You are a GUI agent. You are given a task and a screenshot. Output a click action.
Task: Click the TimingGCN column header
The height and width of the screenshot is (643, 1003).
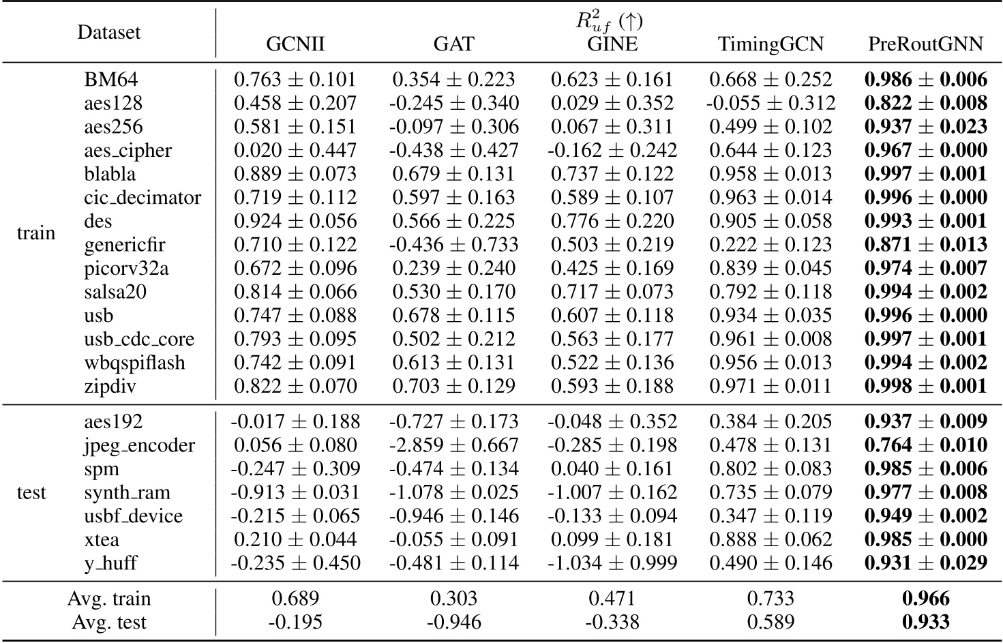[x=770, y=44]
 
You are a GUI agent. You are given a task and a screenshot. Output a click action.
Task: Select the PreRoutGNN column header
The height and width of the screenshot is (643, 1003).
[x=925, y=44]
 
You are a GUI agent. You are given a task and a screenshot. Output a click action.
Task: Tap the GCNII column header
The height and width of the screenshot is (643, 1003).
[x=295, y=44]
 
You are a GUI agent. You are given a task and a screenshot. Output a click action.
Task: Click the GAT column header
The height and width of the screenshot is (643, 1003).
[x=453, y=44]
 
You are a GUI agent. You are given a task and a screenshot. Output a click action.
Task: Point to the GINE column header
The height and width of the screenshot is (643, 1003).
[x=612, y=44]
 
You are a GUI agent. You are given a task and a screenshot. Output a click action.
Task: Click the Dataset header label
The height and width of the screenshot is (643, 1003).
[x=109, y=32]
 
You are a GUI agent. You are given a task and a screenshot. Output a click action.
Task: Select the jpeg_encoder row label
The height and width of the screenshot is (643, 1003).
[x=140, y=445]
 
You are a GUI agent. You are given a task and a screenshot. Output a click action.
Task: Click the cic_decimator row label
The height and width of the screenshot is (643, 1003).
[x=143, y=198]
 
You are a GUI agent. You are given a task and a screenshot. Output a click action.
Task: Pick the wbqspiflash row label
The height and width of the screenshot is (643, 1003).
[x=134, y=363]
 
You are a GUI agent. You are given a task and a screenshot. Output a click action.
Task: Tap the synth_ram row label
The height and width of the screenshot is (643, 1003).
[x=128, y=492]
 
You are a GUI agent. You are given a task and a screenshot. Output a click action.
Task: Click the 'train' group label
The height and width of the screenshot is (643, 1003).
[x=35, y=233]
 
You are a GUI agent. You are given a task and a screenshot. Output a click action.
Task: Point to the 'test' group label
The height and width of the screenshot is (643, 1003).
[x=31, y=492]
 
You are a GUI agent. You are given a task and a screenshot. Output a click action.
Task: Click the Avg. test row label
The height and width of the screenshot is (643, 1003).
[x=109, y=622]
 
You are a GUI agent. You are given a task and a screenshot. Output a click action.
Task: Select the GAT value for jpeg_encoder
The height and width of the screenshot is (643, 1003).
[x=453, y=445]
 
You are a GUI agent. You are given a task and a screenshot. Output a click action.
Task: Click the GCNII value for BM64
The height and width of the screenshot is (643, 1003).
[x=295, y=80]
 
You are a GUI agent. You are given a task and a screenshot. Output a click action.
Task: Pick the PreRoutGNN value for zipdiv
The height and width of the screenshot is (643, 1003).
[x=925, y=386]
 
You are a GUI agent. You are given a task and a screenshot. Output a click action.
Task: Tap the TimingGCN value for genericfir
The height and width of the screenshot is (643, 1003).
[x=770, y=245]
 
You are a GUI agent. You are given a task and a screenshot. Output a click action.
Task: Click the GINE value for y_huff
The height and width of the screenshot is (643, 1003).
[x=612, y=563]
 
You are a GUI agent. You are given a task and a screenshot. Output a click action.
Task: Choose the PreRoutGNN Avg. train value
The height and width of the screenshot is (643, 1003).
[x=925, y=599]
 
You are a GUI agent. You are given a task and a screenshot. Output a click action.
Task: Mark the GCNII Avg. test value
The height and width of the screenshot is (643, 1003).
[x=295, y=622]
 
